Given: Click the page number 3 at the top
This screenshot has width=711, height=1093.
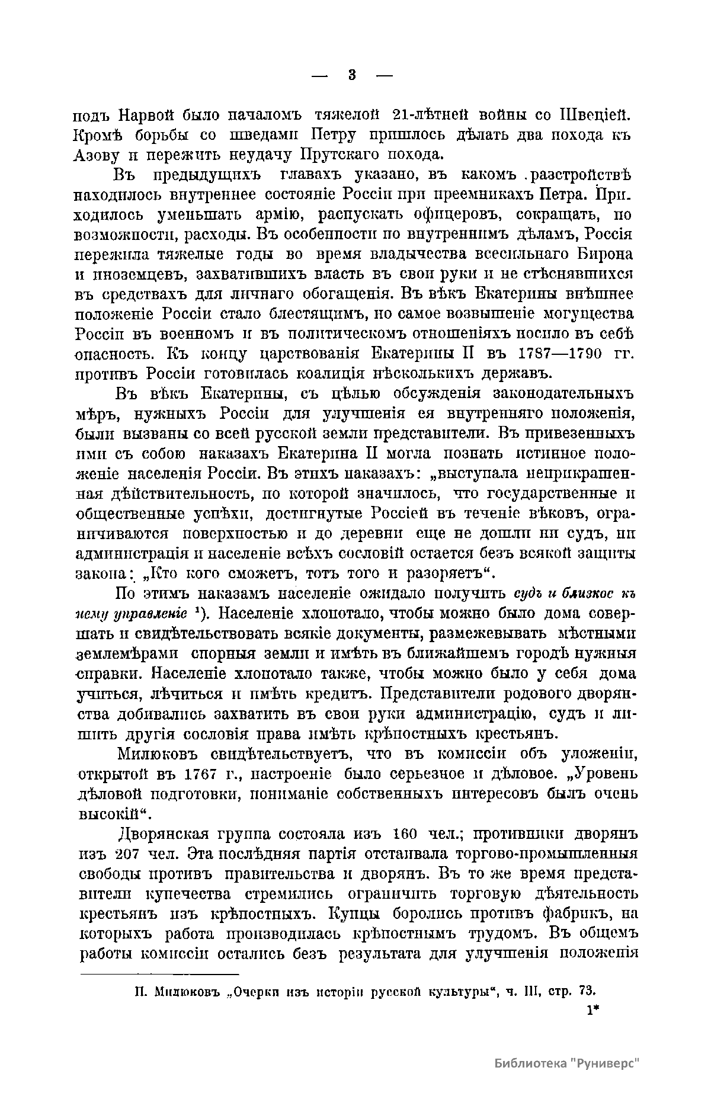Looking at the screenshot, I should click(x=352, y=75).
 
